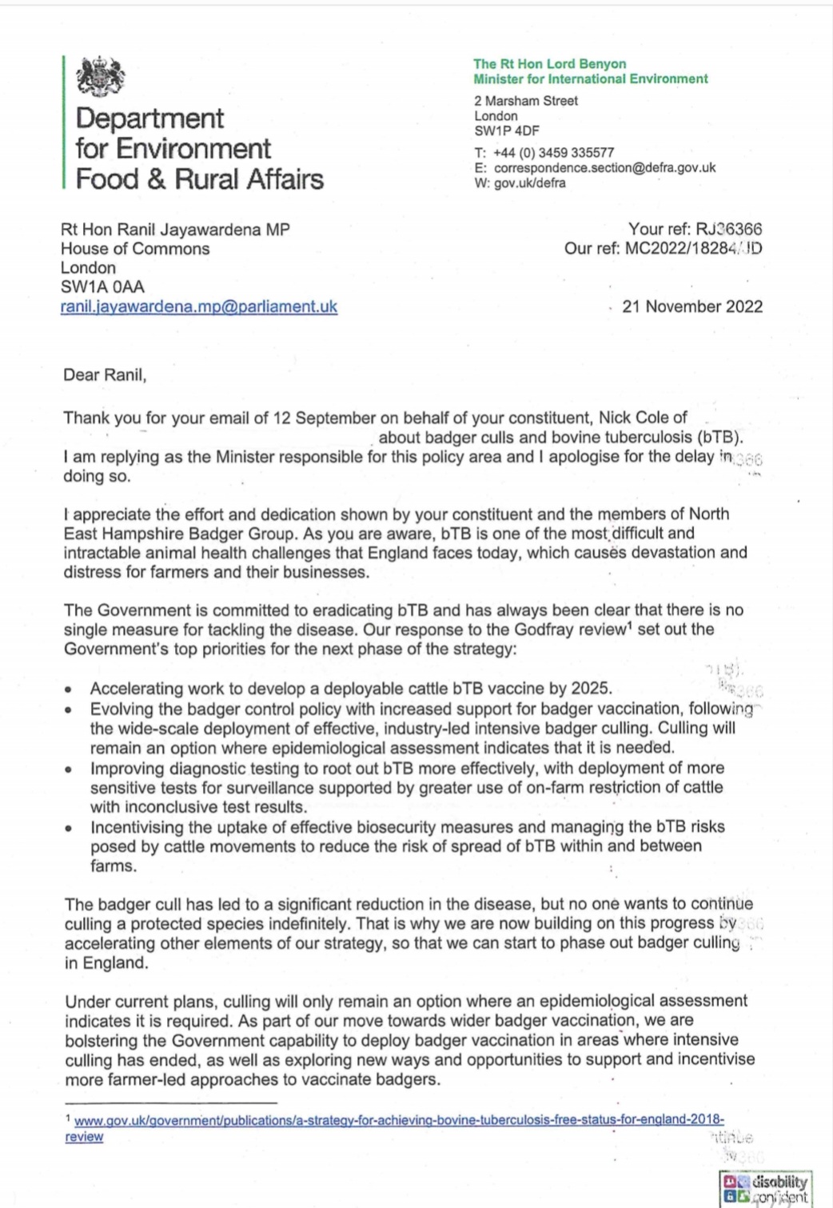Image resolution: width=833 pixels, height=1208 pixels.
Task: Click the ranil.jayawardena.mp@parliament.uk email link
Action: [x=199, y=306]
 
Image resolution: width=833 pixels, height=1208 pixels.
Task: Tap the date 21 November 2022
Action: [x=692, y=306]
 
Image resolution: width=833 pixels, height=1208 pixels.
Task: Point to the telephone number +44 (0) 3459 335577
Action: [x=554, y=153]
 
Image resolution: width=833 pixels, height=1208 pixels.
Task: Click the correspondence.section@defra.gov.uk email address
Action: [x=604, y=168]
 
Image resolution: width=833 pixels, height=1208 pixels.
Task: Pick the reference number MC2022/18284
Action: [x=674, y=248]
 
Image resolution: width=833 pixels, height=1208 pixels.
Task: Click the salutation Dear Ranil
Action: [x=105, y=374]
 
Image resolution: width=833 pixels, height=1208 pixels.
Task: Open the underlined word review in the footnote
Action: [x=84, y=1137]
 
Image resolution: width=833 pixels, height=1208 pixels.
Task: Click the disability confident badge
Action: [x=765, y=1189]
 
